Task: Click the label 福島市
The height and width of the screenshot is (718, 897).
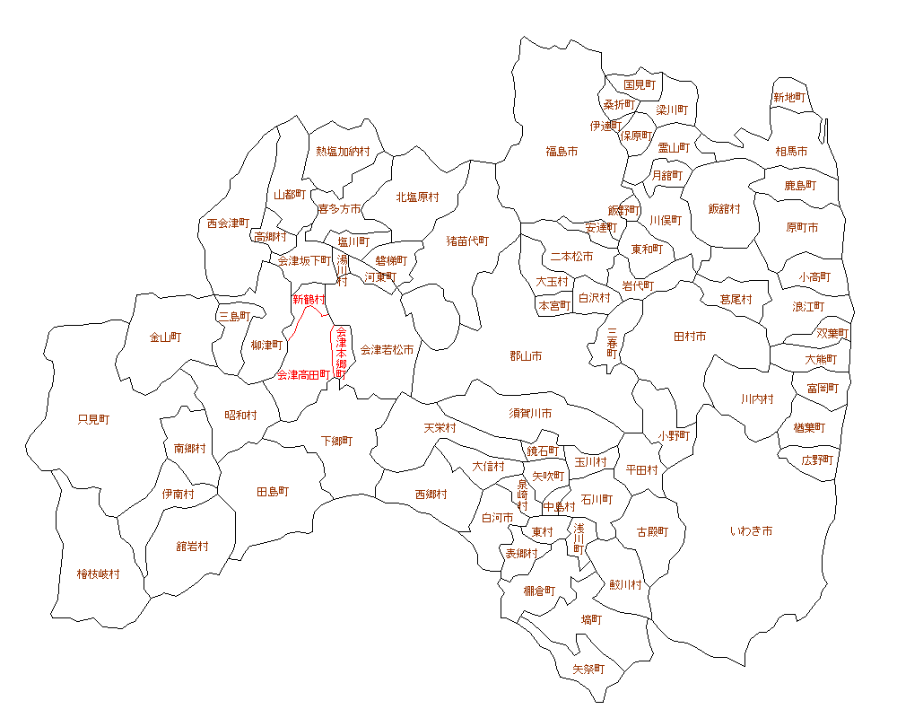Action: [562, 152]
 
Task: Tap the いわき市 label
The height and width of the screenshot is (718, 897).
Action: [752, 531]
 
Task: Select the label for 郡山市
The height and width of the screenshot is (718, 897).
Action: [526, 356]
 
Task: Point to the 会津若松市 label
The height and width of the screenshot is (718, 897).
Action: [387, 349]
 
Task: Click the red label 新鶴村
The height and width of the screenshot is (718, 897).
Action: [309, 299]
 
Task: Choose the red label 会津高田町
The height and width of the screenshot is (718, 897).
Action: [303, 374]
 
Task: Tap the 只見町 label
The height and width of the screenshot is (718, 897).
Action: [93, 419]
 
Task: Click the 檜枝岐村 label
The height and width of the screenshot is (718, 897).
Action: [98, 574]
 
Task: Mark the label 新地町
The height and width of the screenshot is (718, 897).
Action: [789, 97]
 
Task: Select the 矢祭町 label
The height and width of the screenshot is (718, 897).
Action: [588, 670]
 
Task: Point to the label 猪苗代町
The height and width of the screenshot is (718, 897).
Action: [468, 241]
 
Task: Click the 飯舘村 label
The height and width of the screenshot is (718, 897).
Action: [725, 208]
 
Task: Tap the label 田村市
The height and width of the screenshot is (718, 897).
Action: [690, 337]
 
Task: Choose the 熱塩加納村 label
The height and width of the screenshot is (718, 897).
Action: [343, 152]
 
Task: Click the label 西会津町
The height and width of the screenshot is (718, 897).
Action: [228, 223]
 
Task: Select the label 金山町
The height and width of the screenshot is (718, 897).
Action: [166, 337]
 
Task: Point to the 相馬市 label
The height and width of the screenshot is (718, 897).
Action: [791, 152]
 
